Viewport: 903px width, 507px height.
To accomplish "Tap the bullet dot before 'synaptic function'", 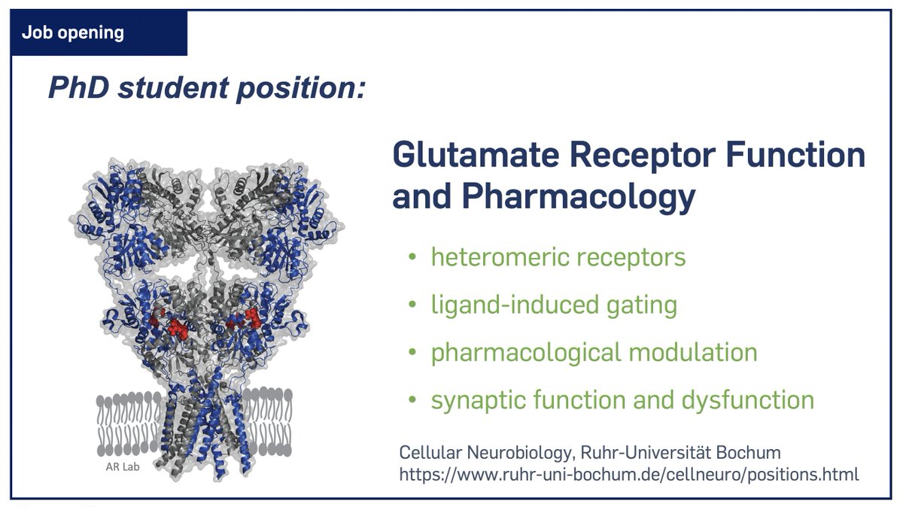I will click(x=411, y=400).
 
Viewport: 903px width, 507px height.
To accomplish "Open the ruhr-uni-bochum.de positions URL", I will click(x=628, y=475).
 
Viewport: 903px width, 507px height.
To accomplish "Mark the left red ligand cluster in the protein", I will click(x=175, y=324).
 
